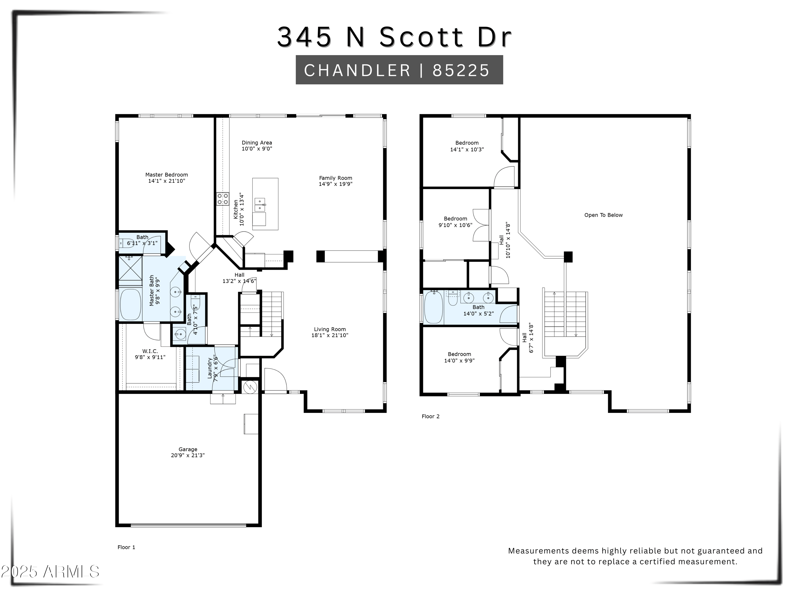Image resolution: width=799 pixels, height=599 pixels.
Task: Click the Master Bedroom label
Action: [x=166, y=175]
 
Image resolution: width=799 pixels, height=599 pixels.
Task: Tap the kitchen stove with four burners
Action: [x=222, y=199]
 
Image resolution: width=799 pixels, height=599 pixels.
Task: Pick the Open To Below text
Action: [x=603, y=215]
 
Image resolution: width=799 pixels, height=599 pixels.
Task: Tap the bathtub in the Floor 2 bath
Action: [x=433, y=307]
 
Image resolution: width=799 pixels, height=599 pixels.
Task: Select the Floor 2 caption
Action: [x=431, y=416]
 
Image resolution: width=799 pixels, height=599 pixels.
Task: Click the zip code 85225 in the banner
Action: [x=461, y=70]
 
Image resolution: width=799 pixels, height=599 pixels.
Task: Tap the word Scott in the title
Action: [x=421, y=37]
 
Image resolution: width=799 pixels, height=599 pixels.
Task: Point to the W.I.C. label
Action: [x=150, y=351]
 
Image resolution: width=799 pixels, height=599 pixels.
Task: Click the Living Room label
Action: [x=330, y=329]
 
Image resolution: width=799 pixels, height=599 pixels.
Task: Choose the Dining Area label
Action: [x=257, y=143]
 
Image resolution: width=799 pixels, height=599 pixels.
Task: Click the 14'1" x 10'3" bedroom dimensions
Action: [x=467, y=149]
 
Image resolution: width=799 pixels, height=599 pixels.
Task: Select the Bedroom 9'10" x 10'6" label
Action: [x=455, y=219]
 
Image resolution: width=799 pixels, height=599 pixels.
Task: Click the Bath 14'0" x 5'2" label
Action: [x=478, y=307]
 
